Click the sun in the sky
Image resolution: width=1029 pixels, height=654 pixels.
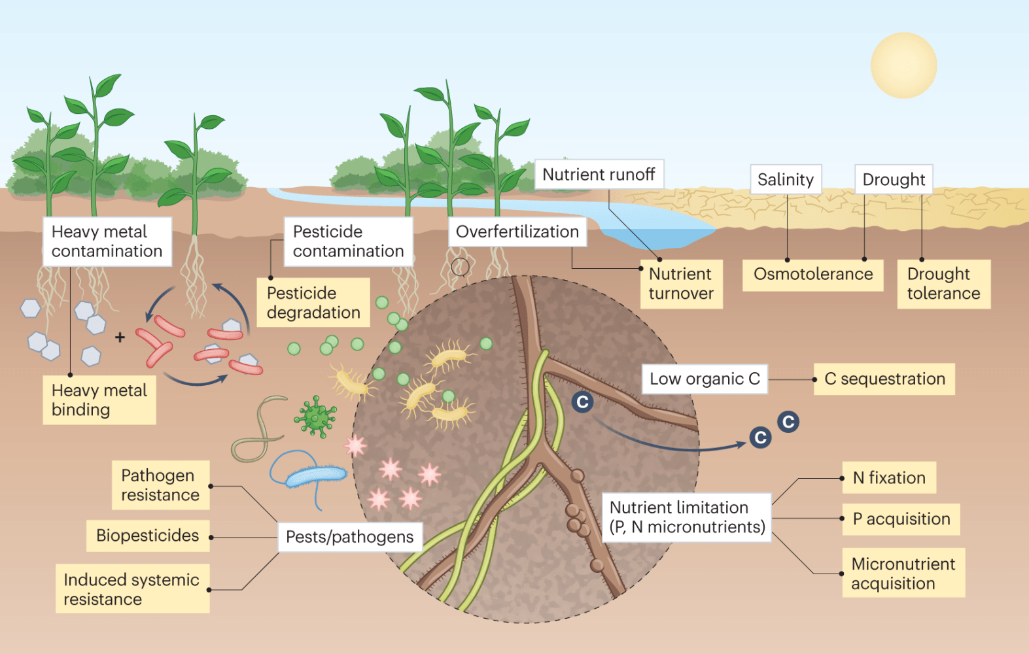(x=903, y=65)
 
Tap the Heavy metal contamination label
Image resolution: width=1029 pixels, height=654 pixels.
(x=107, y=241)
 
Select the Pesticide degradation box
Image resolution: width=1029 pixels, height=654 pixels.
(x=313, y=303)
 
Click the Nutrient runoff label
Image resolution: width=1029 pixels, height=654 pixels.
(x=599, y=175)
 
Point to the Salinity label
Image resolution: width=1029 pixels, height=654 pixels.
(x=785, y=179)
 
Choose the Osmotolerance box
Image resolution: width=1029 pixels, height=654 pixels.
(x=812, y=274)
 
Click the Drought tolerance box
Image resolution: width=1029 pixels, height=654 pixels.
(x=943, y=284)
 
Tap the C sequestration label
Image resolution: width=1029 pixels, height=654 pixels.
(x=884, y=379)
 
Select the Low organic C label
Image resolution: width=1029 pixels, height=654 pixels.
(x=705, y=379)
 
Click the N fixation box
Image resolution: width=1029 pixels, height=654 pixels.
(x=889, y=478)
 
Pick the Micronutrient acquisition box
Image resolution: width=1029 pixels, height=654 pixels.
(x=903, y=573)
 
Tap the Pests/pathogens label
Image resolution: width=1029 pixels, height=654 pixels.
(x=350, y=537)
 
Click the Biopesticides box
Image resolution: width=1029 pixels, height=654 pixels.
(x=148, y=536)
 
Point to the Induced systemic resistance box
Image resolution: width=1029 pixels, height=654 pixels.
(x=132, y=589)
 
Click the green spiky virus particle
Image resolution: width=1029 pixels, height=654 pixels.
(x=315, y=416)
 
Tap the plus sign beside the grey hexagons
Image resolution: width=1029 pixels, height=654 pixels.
(x=120, y=337)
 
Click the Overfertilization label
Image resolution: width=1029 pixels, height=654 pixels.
(x=517, y=232)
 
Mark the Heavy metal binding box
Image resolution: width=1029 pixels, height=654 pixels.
(x=99, y=400)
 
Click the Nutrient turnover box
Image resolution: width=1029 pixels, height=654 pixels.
(x=681, y=284)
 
